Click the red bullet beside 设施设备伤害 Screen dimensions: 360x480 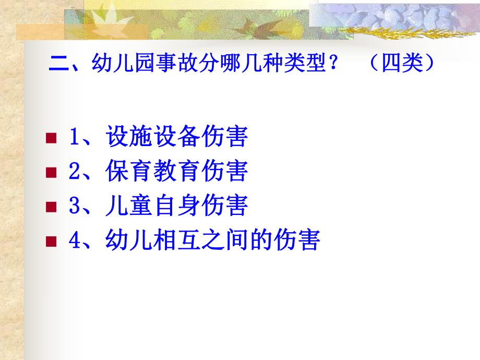pyautogui.click(x=51, y=138)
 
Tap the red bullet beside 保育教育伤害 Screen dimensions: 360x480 pyautogui.click(x=51, y=172)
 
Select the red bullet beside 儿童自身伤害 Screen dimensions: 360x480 pyautogui.click(x=51, y=207)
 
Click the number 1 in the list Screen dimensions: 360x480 pyautogui.click(x=74, y=138)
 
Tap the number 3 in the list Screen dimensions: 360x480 pyautogui.click(x=74, y=207)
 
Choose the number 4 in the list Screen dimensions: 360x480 pyautogui.click(x=74, y=241)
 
